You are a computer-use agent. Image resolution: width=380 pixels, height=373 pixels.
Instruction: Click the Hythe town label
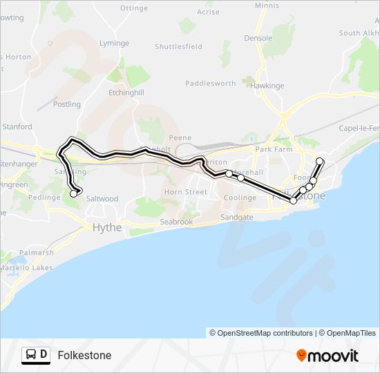coord(107,227)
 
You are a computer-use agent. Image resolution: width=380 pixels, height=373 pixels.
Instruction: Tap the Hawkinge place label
coord(267,86)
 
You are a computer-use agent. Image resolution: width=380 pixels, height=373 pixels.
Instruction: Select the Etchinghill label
coord(126,92)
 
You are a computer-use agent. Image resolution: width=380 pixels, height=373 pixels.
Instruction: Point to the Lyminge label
coord(114,43)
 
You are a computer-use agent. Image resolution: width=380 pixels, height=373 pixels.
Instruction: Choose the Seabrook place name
coord(176,222)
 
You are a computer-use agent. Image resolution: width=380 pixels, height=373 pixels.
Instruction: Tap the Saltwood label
coord(102,199)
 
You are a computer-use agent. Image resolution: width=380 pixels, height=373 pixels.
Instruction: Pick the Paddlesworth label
coord(211,84)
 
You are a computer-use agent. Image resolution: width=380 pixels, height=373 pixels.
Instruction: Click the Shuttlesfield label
coord(178,47)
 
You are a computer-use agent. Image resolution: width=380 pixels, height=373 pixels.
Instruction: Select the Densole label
coord(258,39)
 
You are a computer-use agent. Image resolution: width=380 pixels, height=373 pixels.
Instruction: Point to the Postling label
coord(67,104)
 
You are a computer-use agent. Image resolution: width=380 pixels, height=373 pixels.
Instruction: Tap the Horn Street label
coord(186,192)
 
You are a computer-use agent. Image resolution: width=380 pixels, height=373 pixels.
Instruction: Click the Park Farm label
coord(274,149)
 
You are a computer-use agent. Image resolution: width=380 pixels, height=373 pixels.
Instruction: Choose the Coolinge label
coord(240,198)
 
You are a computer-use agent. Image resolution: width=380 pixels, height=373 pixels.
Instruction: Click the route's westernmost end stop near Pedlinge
coord(74,194)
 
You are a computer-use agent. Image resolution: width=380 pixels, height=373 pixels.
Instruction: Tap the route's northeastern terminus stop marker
coord(320,162)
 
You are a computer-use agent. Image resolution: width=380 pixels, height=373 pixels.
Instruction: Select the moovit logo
coord(327,356)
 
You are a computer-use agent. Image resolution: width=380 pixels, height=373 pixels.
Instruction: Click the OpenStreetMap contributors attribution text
coord(261,333)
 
